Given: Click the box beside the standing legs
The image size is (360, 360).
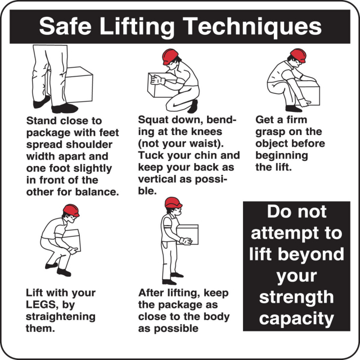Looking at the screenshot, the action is tap(78, 84).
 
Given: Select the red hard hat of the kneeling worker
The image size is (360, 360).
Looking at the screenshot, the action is tap(170, 56).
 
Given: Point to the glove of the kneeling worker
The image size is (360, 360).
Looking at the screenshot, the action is tap(156, 80).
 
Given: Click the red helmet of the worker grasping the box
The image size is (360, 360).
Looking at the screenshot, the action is tap(298, 55).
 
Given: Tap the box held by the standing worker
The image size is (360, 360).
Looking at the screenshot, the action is tap(187, 234).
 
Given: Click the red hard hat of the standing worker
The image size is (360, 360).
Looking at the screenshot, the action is tap(173, 202).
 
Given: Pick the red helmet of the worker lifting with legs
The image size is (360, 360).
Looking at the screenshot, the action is tap(71, 210).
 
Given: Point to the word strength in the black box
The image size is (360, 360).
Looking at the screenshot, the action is tap(296, 298).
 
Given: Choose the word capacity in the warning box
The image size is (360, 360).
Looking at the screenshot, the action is tap(296, 319).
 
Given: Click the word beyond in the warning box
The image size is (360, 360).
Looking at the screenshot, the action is tap(312, 254).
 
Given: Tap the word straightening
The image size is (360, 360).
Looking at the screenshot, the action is tap(61, 317).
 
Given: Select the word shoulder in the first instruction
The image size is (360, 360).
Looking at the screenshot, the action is tap(89, 145).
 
